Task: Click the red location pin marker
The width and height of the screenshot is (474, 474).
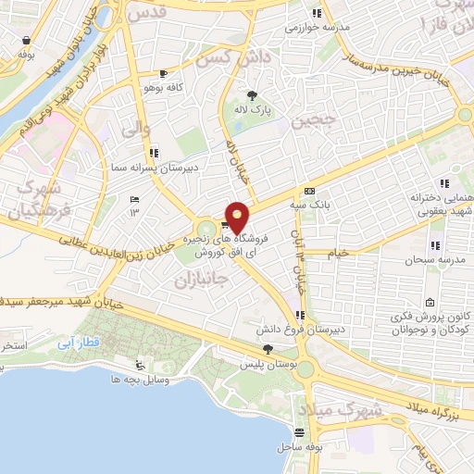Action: coord(238,217)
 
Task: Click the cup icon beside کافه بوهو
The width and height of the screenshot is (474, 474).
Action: coord(164,73)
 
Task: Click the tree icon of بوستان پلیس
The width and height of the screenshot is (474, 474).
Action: coord(268,349)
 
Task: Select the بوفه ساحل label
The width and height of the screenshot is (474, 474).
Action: coord(299,447)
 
